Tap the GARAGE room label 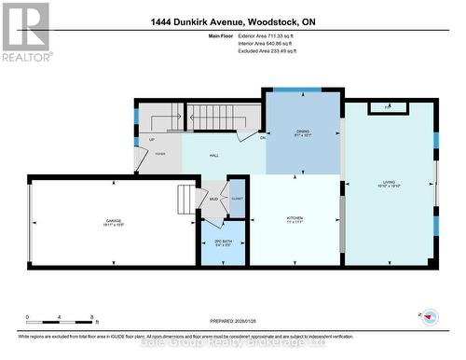click(113, 221)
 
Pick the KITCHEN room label click(295, 220)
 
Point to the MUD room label click(213, 199)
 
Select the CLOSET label click(237, 200)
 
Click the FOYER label click(160, 151)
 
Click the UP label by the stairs click(152, 139)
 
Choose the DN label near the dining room click(263, 138)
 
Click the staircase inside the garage click(189, 200)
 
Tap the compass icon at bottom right click(430, 316)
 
